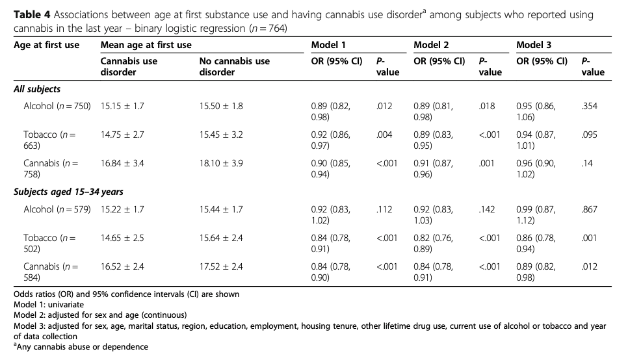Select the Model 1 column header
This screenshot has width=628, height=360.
point(328,45)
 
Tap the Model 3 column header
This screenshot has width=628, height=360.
point(534,45)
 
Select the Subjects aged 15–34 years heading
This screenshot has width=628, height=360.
point(68,192)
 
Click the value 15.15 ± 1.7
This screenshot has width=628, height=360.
point(122,106)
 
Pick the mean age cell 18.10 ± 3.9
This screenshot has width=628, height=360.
point(221,163)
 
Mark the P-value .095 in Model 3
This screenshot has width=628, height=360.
point(589,135)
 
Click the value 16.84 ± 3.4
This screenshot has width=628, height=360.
point(122,163)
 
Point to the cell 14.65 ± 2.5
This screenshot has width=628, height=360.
point(122,238)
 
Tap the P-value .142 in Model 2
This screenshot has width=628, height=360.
point(488,209)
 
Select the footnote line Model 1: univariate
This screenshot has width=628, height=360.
point(50,303)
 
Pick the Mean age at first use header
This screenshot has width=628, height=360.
point(146,45)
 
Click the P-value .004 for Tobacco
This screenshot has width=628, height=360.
point(385,135)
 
